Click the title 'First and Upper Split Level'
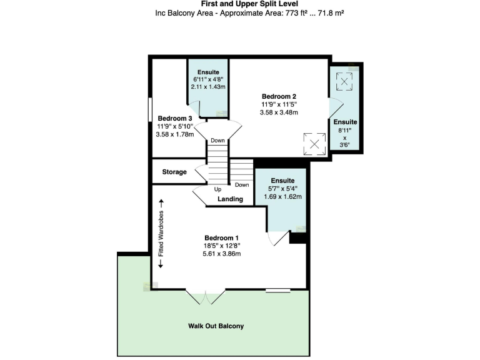click(240, 4)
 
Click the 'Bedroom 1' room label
click(222, 237)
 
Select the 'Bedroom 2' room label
click(278, 96)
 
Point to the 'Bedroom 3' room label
click(174, 118)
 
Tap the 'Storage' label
click(174, 172)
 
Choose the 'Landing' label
click(230, 199)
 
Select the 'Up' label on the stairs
click(218, 189)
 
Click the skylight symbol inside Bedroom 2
click(314, 145)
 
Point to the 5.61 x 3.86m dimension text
click(222, 254)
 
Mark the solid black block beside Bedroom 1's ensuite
click(297, 236)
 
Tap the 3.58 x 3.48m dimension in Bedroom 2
click(278, 112)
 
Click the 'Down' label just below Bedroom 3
click(217, 141)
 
